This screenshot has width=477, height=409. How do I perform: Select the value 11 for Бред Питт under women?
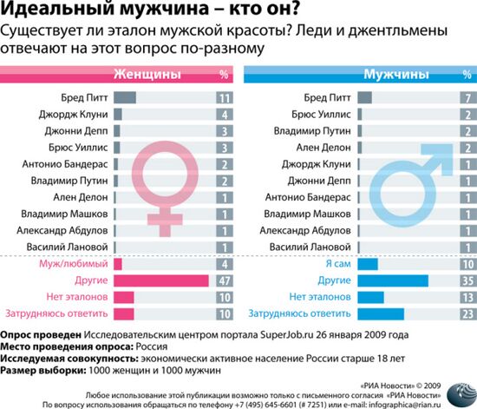pos(224,99)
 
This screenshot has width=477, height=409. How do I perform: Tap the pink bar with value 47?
pos(160,281)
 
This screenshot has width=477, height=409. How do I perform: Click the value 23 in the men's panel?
pos(467,314)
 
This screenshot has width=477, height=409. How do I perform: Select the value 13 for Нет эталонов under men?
pos(467,298)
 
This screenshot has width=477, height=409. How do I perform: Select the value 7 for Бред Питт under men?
pos(467,99)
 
